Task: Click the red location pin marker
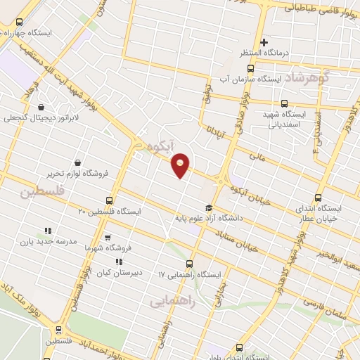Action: point(181,166)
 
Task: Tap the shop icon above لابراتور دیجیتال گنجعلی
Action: point(41,108)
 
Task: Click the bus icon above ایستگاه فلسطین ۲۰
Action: point(109,200)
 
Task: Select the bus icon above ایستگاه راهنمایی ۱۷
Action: point(191,262)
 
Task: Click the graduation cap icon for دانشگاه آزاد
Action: point(208,207)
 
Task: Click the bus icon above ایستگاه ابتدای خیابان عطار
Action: point(319,198)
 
